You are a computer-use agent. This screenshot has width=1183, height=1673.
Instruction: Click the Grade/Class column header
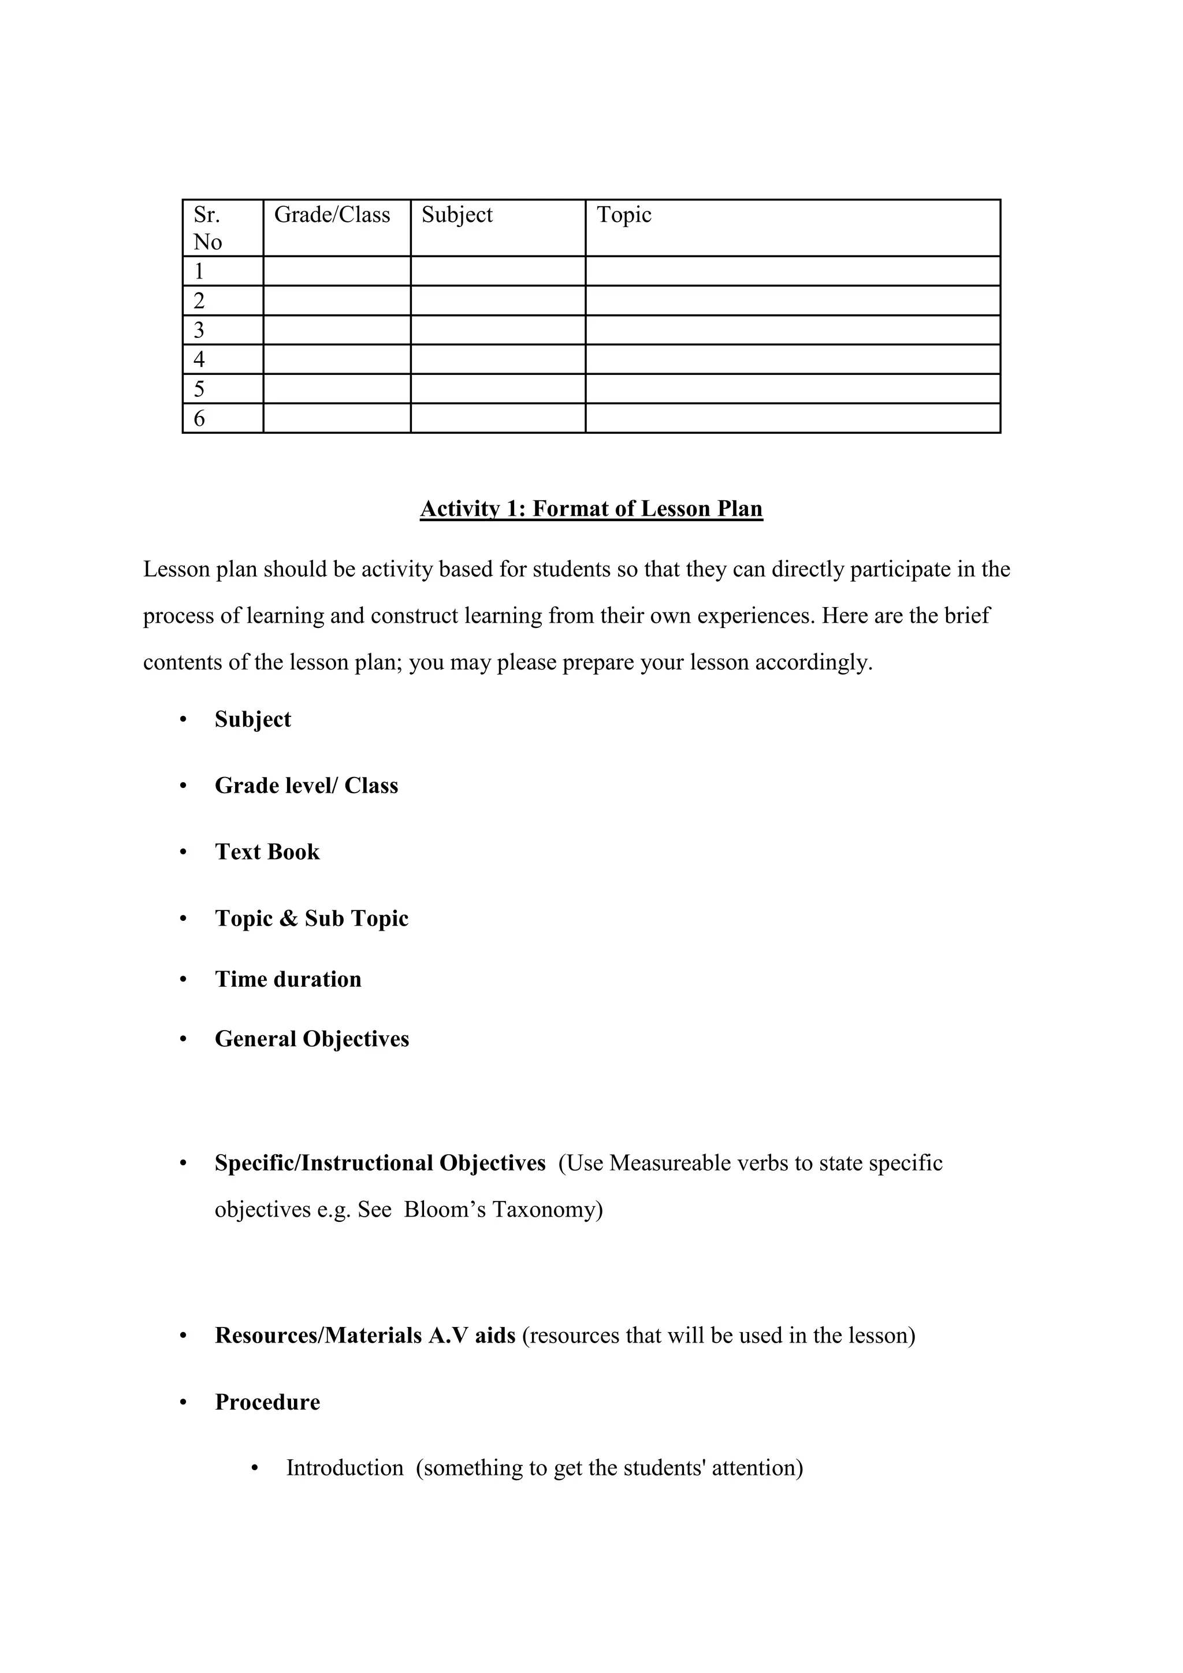coord(332,215)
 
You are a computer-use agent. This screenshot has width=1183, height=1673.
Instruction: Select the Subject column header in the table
coord(457,215)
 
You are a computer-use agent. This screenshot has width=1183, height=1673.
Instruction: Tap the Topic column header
coord(623,215)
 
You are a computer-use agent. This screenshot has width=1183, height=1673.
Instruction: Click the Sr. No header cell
coord(207,228)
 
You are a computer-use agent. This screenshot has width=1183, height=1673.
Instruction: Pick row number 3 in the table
coord(199,330)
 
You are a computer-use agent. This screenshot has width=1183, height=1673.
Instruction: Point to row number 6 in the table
coord(199,418)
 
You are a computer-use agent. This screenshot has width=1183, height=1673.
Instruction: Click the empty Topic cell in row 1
coord(793,271)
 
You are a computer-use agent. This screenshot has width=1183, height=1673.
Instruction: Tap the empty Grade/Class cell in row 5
coord(337,388)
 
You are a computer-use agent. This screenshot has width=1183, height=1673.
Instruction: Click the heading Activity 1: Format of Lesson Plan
coord(591,508)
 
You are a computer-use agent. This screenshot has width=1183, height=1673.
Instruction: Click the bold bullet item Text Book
coord(267,852)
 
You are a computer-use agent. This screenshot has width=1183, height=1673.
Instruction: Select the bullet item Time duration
coord(288,979)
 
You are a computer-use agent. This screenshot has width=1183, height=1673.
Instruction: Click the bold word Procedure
coord(267,1402)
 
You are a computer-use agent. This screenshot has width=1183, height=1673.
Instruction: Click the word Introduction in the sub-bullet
coord(344,1467)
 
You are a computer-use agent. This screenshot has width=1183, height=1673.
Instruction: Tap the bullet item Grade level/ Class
coord(306,786)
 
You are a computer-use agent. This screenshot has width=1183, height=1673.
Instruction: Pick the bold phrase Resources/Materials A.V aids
coord(365,1336)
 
